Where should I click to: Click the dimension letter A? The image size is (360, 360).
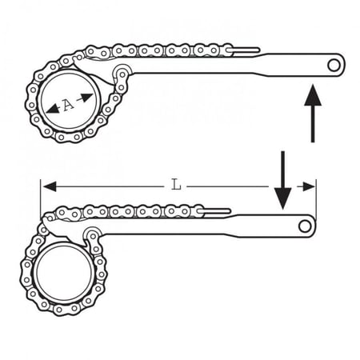69,104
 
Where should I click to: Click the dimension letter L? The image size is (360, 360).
176,185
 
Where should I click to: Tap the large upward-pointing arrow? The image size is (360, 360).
313,113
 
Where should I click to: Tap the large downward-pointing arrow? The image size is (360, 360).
282,180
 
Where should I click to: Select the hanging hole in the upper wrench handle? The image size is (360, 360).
334,66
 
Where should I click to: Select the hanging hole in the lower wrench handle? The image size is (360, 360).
305,226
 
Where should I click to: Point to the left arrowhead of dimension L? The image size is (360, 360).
50,186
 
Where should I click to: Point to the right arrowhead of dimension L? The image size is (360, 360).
308,186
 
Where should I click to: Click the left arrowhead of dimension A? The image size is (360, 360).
53,110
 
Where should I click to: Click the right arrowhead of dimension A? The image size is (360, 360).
86,98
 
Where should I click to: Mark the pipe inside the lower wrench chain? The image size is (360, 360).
64,273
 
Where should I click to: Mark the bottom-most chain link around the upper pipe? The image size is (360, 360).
69,137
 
